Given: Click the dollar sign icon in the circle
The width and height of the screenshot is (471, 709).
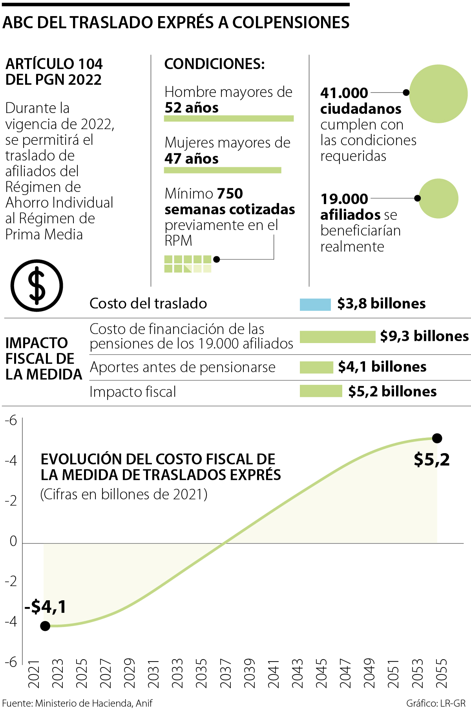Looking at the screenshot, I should click(37, 285).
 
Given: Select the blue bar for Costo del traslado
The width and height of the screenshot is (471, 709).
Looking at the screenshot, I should click(315, 304).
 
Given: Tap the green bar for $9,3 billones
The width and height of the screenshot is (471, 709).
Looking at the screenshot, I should click(338, 337).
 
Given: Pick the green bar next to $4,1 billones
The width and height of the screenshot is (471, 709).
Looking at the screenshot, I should click(316, 367).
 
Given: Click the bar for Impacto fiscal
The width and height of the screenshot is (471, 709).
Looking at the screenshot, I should click(321, 391).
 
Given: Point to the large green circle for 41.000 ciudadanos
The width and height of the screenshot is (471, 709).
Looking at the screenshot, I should click(438, 94).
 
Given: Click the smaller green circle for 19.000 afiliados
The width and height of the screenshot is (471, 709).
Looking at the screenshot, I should click(438, 199).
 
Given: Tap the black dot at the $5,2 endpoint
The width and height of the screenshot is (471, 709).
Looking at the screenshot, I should click(437, 438).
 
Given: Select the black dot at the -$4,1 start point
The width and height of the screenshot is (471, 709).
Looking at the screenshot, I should click(45, 626).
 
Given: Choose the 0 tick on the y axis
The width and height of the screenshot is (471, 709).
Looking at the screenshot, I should click(13, 541).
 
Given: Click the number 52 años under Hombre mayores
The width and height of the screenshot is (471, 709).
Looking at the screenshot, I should click(192, 108).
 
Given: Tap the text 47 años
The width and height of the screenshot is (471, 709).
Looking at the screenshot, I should click(192, 159).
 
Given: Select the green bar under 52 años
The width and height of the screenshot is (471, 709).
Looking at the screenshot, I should click(229, 118).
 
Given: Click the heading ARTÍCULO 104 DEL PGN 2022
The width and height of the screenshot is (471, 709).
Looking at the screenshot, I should click(54, 72).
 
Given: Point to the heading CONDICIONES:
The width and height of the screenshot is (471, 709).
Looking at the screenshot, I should click(214, 64).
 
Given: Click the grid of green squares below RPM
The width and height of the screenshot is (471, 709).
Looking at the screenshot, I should click(188, 264).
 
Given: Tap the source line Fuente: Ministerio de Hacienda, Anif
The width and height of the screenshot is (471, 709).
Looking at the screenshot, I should click(77, 703).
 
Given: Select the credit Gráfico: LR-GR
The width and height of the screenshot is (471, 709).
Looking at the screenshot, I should click(436, 703).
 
